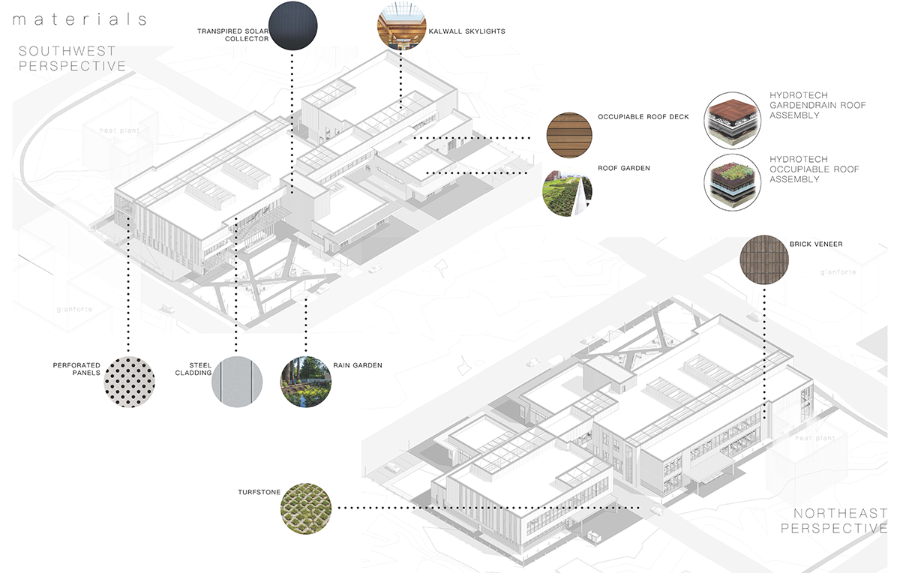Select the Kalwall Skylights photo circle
pyautogui.click(x=400, y=26)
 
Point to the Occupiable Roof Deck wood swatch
pyautogui.click(x=569, y=135)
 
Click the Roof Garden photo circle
pyautogui.click(x=568, y=193)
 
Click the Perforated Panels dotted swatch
pyautogui.click(x=129, y=382)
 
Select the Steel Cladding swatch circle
pyautogui.click(x=237, y=382)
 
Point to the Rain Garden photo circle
pyautogui.click(x=305, y=382)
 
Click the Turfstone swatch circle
pyautogui.click(x=305, y=508)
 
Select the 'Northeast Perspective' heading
pyautogui.click(x=833, y=520)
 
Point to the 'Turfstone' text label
pyautogui.click(x=258, y=492)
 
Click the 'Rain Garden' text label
pyautogui.click(x=358, y=365)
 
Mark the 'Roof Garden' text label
pyautogui.click(x=624, y=169)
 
